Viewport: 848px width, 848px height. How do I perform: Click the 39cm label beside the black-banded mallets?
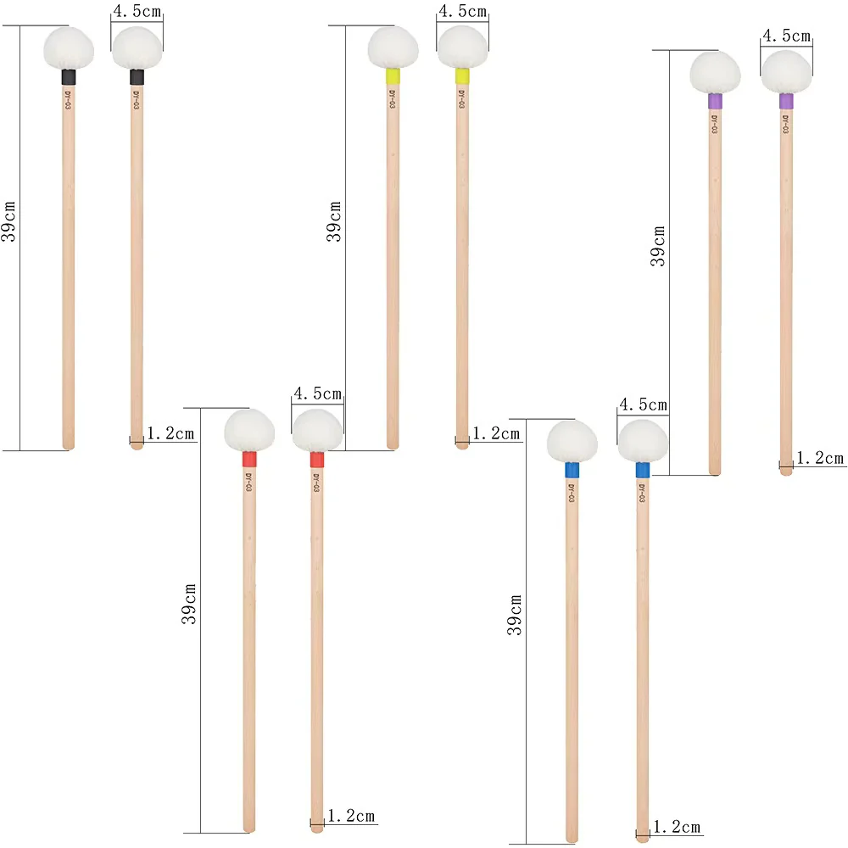pos(8,221)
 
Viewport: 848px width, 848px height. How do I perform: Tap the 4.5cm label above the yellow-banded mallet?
pos(463,11)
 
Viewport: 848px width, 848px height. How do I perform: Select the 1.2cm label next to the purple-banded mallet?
pos(820,458)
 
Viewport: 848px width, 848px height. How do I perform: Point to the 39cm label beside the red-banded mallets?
pos(189,604)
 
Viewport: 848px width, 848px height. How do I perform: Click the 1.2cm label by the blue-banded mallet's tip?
pos(677,827)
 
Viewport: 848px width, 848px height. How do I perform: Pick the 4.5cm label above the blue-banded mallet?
pos(643,404)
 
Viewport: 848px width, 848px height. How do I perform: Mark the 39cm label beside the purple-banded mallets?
pos(658,246)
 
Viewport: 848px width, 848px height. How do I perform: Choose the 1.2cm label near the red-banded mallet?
pos(351,816)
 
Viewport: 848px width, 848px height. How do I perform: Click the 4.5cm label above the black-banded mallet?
pos(137,11)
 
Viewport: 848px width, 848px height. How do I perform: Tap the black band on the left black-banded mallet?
pos(68,77)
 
